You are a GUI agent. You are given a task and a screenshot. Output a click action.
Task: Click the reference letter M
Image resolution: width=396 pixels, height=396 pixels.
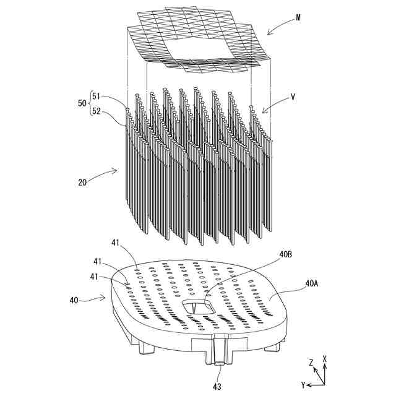click(x=298, y=17)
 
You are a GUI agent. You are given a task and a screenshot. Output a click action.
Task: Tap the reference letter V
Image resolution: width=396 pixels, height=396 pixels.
click(x=293, y=97)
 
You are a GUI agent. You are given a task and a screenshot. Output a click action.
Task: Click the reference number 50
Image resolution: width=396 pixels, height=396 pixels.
click(x=82, y=104)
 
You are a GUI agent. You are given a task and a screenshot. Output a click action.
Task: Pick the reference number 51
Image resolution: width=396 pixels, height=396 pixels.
click(x=96, y=96)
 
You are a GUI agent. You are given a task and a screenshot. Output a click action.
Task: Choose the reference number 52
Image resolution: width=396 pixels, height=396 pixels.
click(x=96, y=112)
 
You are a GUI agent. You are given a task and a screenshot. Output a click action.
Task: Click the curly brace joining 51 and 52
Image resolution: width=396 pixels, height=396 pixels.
click(x=90, y=104)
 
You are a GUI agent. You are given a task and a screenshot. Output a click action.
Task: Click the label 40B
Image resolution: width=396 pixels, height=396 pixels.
click(x=286, y=255)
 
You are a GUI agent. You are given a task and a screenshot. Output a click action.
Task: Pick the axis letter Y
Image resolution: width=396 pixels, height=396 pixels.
click(x=304, y=385)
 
